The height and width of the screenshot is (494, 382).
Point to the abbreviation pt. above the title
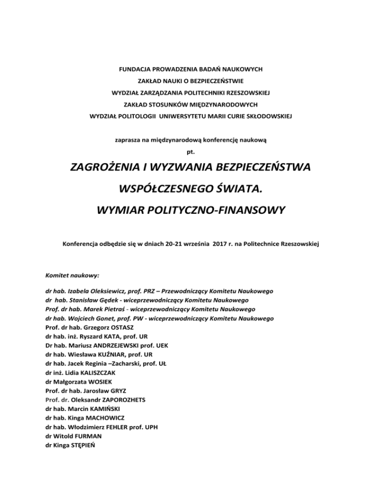[x=191, y=152]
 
